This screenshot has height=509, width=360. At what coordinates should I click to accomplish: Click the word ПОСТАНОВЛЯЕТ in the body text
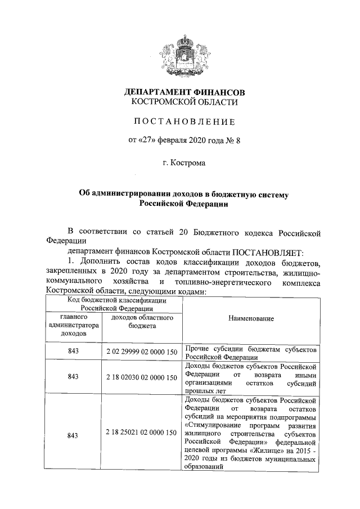[x=268, y=251]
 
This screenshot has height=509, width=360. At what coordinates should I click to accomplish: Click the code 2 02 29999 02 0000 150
[x=142, y=352]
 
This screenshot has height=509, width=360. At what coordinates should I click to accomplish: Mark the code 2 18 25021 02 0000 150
[x=142, y=434]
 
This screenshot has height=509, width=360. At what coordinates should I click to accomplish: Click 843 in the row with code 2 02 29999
[x=73, y=352]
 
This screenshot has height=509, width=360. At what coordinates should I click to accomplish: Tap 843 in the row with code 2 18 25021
[x=73, y=435]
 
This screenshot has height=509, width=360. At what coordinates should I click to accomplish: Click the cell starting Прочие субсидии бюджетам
[x=251, y=352]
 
